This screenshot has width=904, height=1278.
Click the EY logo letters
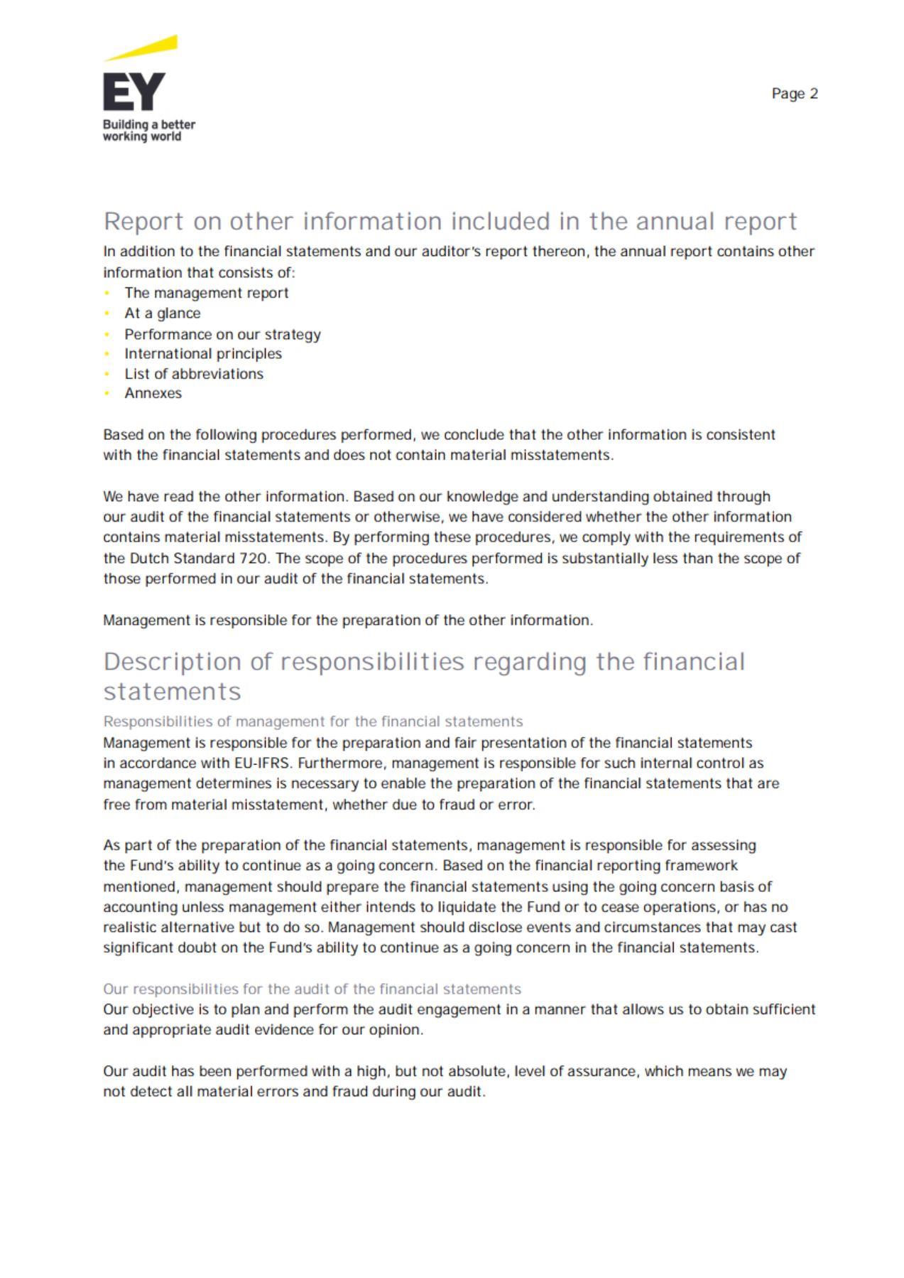134,92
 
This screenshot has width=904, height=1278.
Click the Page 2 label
795,94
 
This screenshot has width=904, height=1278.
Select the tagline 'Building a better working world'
148,131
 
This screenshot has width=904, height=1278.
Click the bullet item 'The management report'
206,293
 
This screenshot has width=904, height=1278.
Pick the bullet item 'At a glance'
162,313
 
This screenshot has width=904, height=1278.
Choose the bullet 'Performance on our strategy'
222,334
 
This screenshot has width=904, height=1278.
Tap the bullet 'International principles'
203,354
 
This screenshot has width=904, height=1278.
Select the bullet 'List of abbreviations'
194,374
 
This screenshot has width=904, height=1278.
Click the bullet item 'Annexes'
153,394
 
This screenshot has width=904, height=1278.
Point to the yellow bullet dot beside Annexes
107,394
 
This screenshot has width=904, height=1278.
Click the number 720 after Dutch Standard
254,559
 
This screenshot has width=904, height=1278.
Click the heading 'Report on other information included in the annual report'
450,222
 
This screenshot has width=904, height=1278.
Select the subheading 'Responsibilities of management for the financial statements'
312,722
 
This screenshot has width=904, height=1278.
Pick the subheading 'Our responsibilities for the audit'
312,989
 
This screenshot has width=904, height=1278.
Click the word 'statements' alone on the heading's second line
173,692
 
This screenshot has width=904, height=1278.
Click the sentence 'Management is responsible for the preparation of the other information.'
348,621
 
